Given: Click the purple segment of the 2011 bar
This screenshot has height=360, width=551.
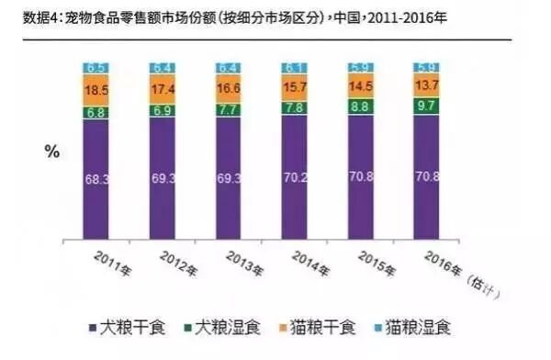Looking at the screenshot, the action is coord(96,179).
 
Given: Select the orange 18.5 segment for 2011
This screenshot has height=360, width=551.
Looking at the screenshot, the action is coord(96,90).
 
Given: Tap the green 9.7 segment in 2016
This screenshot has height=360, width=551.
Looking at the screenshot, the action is coord(426,106).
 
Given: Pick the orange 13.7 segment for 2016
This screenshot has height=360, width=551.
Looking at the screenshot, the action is coord(426,85).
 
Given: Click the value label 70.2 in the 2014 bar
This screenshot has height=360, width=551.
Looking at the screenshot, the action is coord(296,177).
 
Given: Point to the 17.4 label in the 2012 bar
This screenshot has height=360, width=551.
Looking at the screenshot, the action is coord(163,89).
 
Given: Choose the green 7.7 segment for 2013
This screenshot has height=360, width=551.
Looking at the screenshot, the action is coord(229,110).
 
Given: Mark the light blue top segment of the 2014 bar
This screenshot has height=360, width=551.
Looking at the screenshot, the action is coord(295,68).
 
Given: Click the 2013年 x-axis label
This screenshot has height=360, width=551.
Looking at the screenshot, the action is coord(244,264).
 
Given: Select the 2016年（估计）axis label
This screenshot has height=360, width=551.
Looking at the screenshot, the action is coord(461,275).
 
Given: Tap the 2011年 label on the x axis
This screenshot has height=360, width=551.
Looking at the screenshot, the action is coord(112,264).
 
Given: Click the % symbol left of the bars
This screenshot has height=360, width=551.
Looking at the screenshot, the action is coord(52,152).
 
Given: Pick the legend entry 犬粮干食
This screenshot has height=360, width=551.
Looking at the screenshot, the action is coord(128,328).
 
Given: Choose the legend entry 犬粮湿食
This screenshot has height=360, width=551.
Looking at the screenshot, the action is coord(222,328).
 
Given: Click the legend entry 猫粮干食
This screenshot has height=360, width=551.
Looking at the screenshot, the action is coord(318,328).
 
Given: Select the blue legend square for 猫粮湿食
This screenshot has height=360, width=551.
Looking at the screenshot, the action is coord(378,329).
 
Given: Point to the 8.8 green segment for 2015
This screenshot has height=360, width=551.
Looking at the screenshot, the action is coord(361,107).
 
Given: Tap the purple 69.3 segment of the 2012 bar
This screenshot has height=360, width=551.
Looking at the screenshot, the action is coord(163,178).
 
